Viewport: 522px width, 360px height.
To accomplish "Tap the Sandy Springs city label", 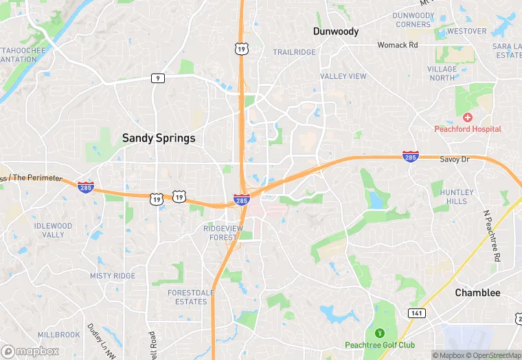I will (159, 138).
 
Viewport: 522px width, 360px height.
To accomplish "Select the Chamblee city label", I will (477, 293).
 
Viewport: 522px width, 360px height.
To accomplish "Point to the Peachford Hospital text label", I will (468, 129).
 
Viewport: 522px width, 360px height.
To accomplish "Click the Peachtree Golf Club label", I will (380, 344).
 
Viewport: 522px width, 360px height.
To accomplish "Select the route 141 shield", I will (416, 313).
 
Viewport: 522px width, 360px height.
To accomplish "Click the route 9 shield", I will (158, 78).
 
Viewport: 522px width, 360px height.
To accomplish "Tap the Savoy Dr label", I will (453, 159).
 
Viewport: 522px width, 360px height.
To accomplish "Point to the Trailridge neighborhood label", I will (294, 52).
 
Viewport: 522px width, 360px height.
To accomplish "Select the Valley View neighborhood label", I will (343, 76).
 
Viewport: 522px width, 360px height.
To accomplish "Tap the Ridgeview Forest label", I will (224, 232).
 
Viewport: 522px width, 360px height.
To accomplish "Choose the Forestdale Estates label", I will (187, 297).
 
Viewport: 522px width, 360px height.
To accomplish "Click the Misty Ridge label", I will (113, 275).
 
